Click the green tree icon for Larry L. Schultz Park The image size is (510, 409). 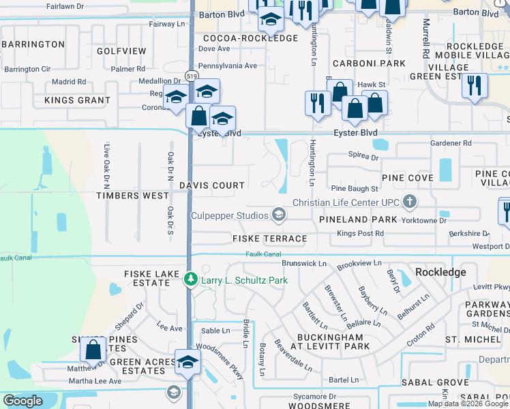[x=192, y=280]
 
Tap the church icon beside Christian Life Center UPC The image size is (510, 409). [x=409, y=202]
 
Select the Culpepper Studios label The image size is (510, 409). [x=230, y=216]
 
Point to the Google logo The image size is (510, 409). [x=22, y=401]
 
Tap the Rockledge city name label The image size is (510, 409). [x=441, y=272]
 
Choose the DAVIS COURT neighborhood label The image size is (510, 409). [x=212, y=185]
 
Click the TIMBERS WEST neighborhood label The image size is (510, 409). [x=132, y=196]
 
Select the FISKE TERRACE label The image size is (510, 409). [x=269, y=239]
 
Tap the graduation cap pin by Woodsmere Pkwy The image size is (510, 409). [x=187, y=363]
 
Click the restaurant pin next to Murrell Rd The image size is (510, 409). [x=473, y=87]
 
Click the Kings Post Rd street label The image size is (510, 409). [x=361, y=234]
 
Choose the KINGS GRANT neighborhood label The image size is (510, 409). [x=77, y=100]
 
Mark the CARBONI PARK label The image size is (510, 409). [x=369, y=63]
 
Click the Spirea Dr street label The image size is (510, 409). [x=363, y=157]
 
